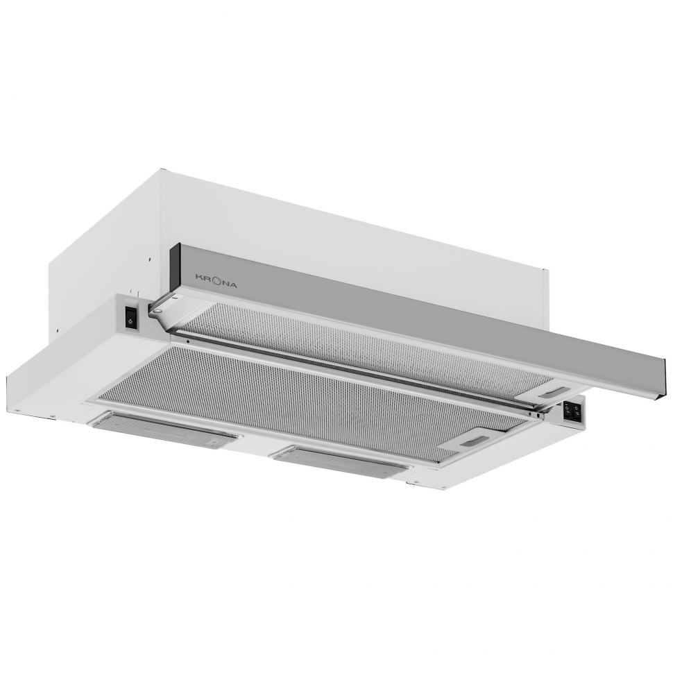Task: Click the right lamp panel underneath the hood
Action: click(x=340, y=461)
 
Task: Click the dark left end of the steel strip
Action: click(x=174, y=267)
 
